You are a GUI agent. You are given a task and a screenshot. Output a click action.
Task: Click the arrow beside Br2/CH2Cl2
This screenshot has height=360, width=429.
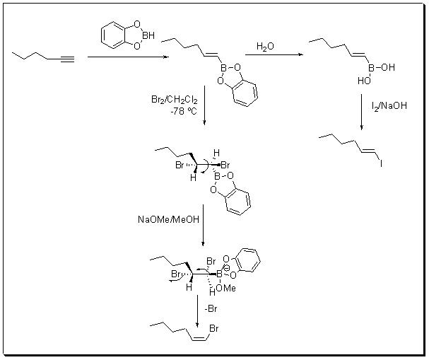(204, 107)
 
